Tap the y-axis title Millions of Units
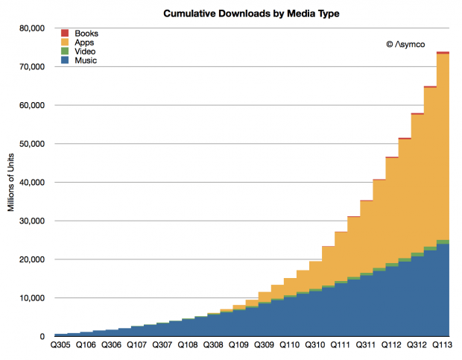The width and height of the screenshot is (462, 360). (12, 183)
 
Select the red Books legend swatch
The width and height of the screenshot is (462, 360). (65, 34)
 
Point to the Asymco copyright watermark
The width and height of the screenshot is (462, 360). (409, 45)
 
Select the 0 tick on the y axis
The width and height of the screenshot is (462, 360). (43, 337)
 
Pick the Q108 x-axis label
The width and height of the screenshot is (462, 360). (187, 346)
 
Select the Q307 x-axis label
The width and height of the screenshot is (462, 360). (162, 346)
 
